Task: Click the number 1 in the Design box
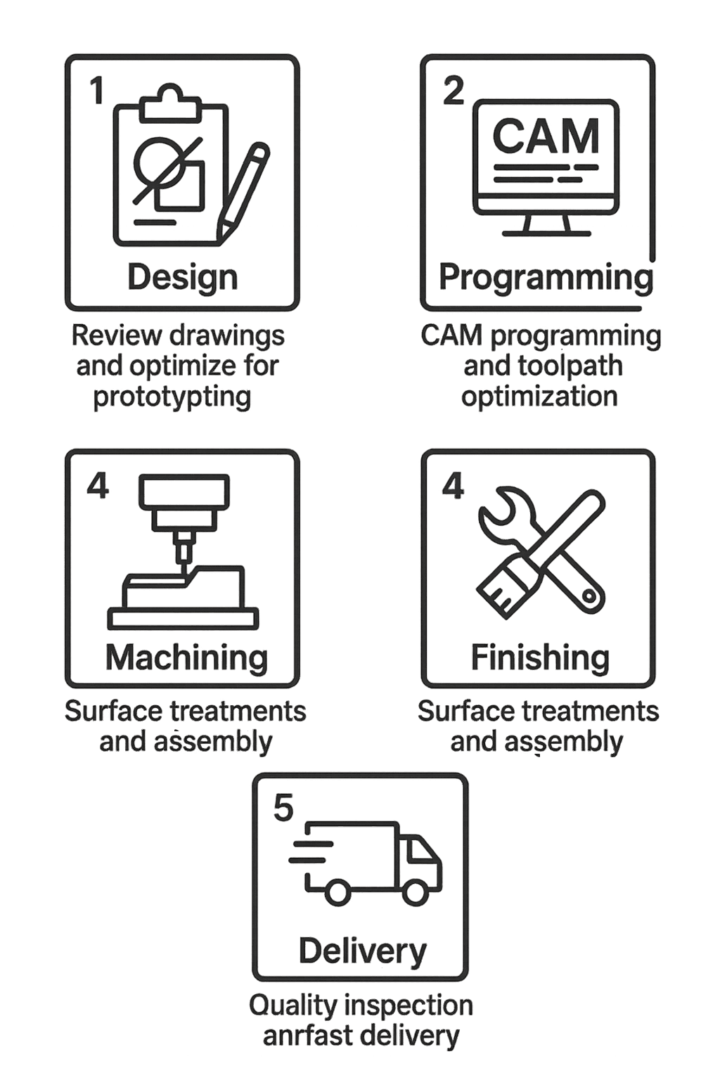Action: pos(97,91)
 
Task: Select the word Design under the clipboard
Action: pos(182,277)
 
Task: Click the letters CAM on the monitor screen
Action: pos(546,136)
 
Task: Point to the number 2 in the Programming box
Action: pos(454,91)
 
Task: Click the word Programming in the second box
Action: pos(546,278)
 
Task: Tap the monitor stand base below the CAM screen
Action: pos(546,232)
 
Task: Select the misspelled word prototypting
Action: pos(172,397)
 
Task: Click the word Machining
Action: pos(186,657)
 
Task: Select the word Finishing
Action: pos(539,657)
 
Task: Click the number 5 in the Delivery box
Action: pos(283,808)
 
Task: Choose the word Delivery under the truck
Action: pos(362,951)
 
